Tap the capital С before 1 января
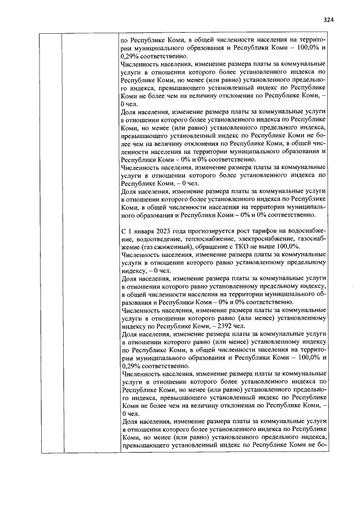[124, 232]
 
